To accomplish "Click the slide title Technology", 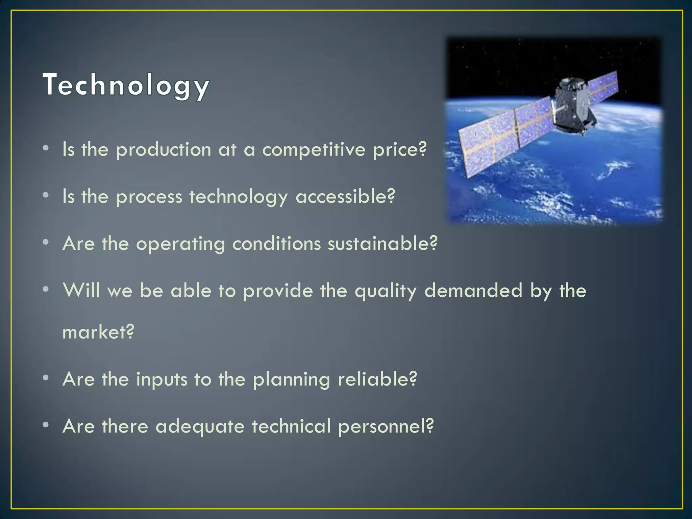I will point(126,85).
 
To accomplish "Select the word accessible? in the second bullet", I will point(345,197).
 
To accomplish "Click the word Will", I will point(81,290).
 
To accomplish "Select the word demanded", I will point(473,291).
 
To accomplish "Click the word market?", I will point(98,332).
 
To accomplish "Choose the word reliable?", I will point(377,379).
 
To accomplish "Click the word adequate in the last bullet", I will point(200,427).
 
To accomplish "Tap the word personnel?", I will point(386,427).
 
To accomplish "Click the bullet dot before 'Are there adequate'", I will point(46,425).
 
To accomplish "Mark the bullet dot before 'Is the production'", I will point(46,148).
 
